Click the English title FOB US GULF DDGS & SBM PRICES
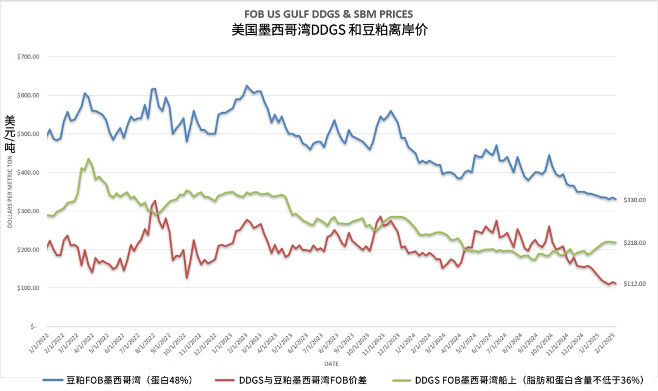coord(328,13)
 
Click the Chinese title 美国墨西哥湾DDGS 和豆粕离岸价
coord(329,30)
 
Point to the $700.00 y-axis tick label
coord(29,57)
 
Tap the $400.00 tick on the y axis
coord(29,172)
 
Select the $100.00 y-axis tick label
coord(29,288)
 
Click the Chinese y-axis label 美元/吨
coord(10,133)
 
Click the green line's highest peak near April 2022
coord(88,159)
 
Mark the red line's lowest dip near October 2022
coord(187,278)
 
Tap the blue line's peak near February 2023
coord(247,86)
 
